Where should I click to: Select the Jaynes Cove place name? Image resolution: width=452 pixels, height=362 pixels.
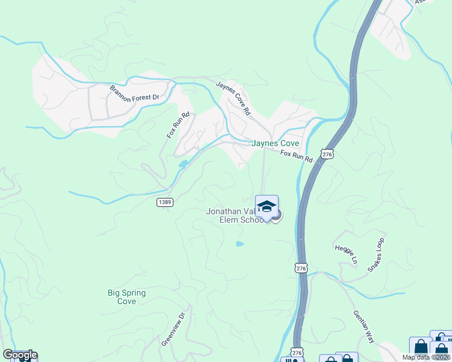[x=275, y=144]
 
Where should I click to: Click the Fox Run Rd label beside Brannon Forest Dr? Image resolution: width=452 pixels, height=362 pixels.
[x=178, y=124]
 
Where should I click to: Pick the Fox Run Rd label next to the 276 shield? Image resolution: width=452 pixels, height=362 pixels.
[x=296, y=156]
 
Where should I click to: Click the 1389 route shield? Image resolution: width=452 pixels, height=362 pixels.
[x=164, y=202]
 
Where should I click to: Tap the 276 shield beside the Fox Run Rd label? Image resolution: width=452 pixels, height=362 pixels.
[x=327, y=155]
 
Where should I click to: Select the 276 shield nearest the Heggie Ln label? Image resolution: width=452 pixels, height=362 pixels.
[x=302, y=267]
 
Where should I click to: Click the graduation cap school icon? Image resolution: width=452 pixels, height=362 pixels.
[x=266, y=206]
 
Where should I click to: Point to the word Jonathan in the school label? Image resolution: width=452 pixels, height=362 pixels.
[x=224, y=212]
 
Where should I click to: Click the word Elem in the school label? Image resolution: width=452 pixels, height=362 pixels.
[x=227, y=220]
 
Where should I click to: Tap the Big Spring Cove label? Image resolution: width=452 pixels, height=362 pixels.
[x=126, y=297]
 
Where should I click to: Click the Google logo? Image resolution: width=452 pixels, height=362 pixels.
[x=19, y=355]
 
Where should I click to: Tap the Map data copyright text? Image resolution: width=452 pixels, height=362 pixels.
[x=426, y=357]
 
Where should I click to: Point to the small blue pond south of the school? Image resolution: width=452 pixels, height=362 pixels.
[x=240, y=244]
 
